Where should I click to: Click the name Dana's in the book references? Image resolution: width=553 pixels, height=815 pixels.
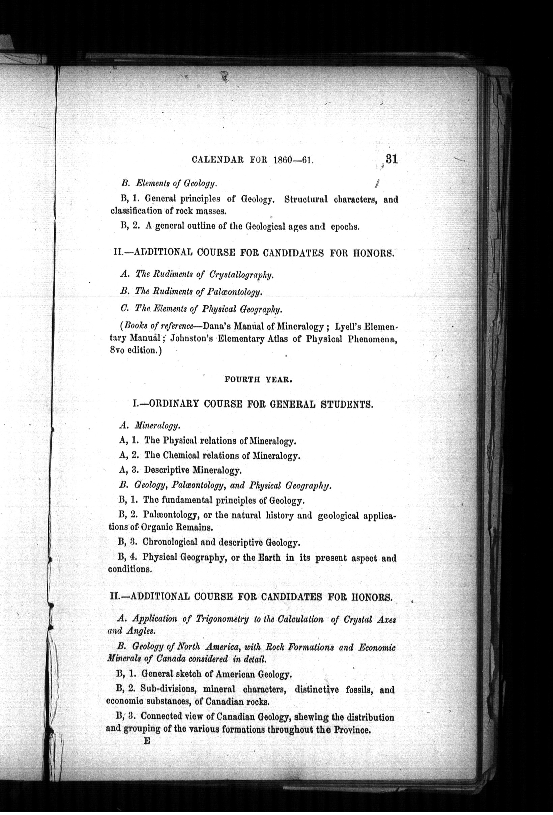coord(217,327)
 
